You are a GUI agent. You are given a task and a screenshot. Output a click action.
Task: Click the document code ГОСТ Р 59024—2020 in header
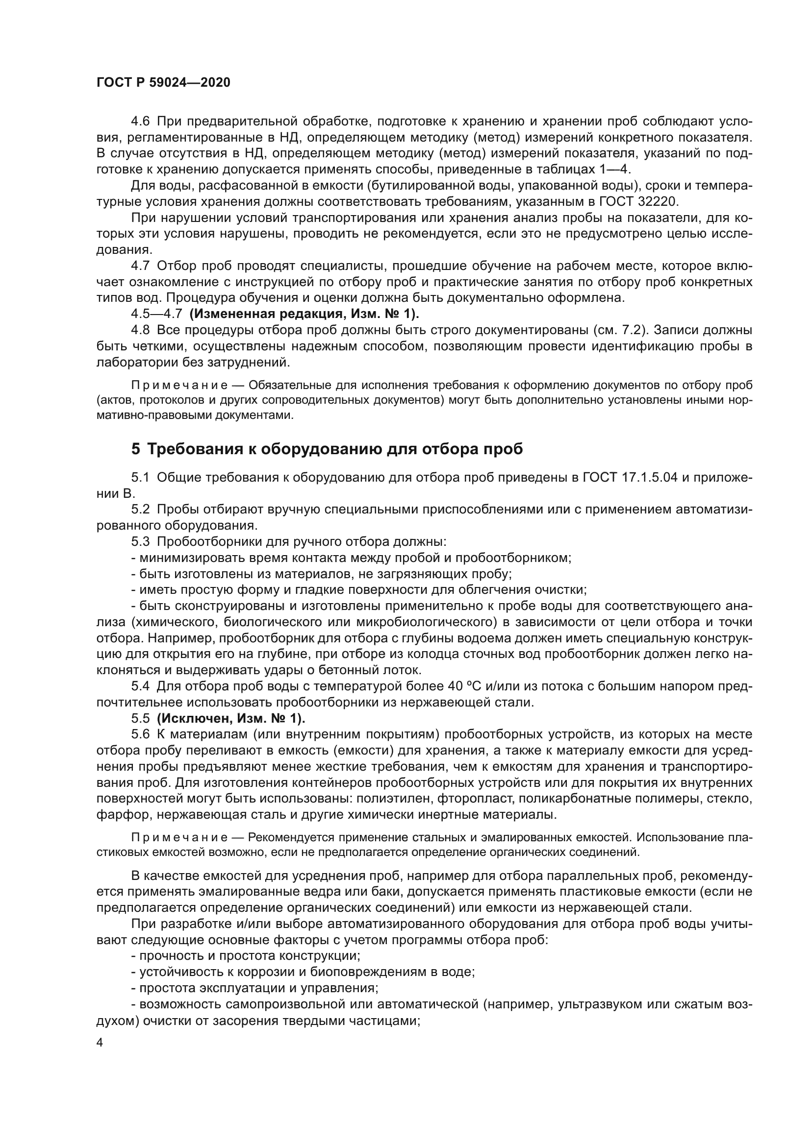[163, 83]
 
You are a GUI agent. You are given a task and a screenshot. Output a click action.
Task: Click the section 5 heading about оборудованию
[327, 449]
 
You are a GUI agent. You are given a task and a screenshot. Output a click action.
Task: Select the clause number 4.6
[140, 122]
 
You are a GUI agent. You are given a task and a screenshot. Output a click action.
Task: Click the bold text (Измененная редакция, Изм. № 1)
[304, 314]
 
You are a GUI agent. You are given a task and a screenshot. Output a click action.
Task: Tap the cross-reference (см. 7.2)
[620, 330]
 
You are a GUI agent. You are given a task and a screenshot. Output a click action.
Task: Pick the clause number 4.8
[140, 330]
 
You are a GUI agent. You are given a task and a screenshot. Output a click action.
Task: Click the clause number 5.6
[140, 734]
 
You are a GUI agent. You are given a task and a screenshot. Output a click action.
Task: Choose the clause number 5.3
[140, 541]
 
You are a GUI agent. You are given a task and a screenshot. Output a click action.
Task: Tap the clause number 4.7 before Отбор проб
[140, 266]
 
